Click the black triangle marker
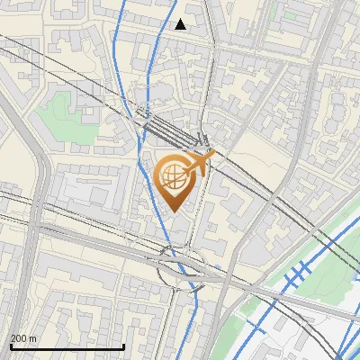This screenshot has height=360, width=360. (181, 24)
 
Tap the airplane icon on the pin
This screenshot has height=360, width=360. (200, 163)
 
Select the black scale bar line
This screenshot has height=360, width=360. (67, 346)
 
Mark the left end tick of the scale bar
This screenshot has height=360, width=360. (10, 346)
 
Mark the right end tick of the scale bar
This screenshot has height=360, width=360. (123, 346)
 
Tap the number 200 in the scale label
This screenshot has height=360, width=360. (18, 339)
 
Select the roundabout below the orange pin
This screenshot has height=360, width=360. (179, 267)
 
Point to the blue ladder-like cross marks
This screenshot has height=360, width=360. (297, 274)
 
